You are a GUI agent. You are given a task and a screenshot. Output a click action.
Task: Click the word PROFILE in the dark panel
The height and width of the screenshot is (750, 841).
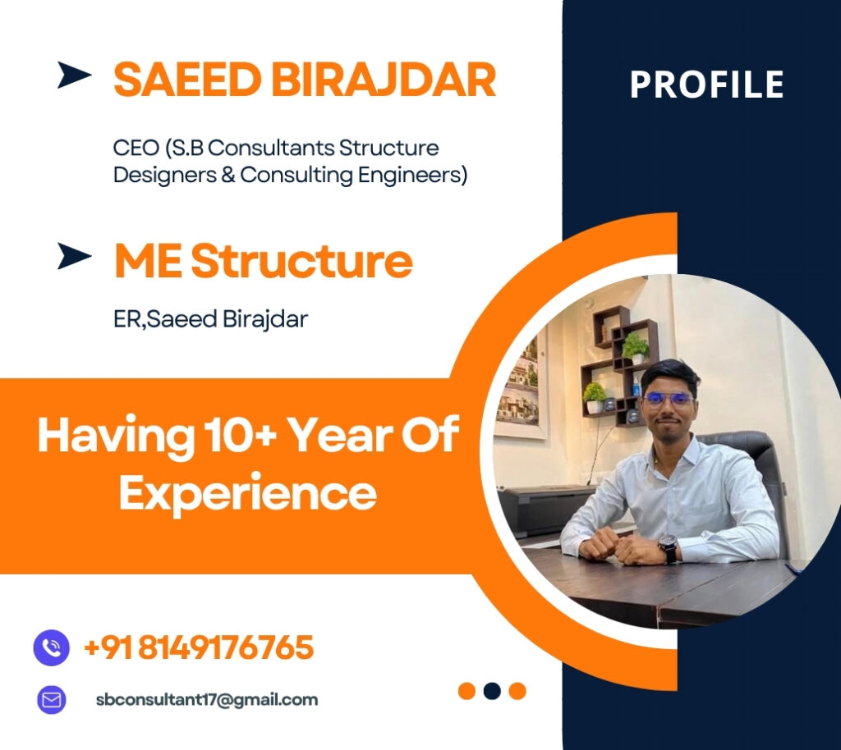point(706,84)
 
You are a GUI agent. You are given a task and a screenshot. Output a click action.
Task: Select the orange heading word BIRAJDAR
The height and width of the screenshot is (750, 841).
point(384,80)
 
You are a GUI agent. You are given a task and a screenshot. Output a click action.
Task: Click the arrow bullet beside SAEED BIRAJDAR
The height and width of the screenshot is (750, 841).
point(74,75)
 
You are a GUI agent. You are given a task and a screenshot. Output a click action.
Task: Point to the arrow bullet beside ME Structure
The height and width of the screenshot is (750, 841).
point(74,256)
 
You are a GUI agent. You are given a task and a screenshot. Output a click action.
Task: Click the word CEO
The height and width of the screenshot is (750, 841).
point(136,148)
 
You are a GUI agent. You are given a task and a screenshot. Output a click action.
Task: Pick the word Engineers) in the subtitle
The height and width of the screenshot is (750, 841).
point(413,175)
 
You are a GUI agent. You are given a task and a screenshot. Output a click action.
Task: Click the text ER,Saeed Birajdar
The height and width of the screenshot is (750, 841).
point(211,319)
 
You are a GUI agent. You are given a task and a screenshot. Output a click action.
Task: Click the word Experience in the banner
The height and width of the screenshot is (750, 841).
point(248,493)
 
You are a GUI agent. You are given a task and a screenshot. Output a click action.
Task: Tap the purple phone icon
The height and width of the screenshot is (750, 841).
point(52,647)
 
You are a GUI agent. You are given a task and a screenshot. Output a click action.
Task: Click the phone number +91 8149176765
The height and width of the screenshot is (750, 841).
point(199,647)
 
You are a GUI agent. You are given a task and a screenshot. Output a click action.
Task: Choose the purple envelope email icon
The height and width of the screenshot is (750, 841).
point(52,700)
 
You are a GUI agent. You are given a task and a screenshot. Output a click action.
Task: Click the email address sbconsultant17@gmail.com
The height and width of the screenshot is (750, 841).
point(207,700)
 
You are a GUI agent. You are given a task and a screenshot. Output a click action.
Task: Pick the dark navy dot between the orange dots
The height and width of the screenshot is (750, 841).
point(492,691)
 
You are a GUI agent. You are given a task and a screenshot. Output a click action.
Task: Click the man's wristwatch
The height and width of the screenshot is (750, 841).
point(669,548)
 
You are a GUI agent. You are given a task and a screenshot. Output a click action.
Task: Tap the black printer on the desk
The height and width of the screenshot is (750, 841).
point(545,510)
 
